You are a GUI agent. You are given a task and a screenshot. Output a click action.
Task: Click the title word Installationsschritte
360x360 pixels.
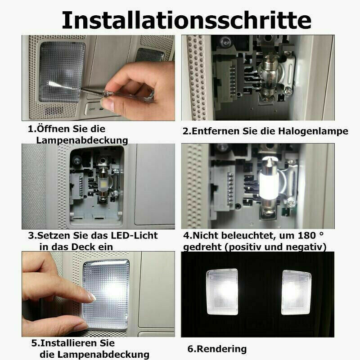[x=186, y=20]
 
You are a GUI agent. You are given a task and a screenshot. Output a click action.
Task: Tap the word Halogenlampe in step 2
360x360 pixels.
[x=313, y=131]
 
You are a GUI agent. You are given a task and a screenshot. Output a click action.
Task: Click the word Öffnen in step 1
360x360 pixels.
[x=54, y=129]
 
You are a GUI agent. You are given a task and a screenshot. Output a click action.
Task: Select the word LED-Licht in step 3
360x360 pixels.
[x=134, y=235]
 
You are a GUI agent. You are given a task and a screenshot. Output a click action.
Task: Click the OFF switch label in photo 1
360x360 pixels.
[x=93, y=109]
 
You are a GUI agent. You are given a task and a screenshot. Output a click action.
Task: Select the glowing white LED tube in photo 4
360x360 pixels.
[x=269, y=187]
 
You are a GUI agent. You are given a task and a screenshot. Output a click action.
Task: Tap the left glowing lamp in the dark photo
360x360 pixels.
[x=222, y=292]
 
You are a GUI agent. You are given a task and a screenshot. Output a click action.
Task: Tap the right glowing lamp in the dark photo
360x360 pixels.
[x=296, y=292]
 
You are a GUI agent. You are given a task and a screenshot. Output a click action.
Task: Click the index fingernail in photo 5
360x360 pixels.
[x=92, y=297]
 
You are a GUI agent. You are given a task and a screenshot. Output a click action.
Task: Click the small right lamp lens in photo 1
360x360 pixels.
[x=149, y=55]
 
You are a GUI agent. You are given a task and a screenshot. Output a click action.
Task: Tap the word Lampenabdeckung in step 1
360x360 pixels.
[x=82, y=140]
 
